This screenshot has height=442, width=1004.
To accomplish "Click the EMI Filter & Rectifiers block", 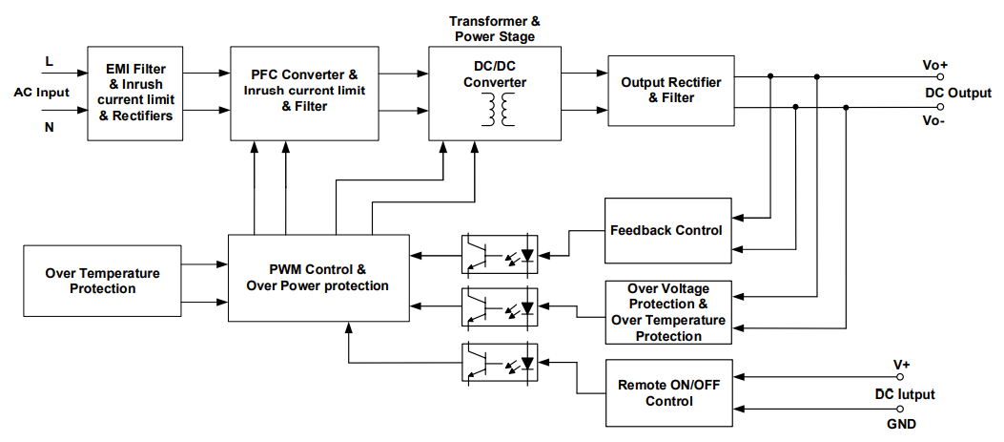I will click(136, 93).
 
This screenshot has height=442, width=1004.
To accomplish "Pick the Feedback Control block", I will click(666, 231).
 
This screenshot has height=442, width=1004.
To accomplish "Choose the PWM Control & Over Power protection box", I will click(318, 278).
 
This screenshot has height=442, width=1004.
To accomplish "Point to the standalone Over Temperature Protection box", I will click(103, 281).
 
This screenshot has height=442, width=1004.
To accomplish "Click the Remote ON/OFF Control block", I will click(666, 393).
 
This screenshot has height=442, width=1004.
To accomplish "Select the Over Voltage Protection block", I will click(667, 312).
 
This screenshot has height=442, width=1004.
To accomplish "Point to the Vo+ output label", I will click(934, 65).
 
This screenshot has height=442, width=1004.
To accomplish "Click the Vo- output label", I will click(933, 121).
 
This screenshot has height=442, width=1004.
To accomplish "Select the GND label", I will click(903, 425).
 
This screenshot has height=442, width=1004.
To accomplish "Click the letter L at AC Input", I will click(49, 62).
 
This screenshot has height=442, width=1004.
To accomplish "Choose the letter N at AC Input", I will click(49, 125).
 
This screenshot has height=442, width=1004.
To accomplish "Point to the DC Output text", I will click(958, 93).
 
